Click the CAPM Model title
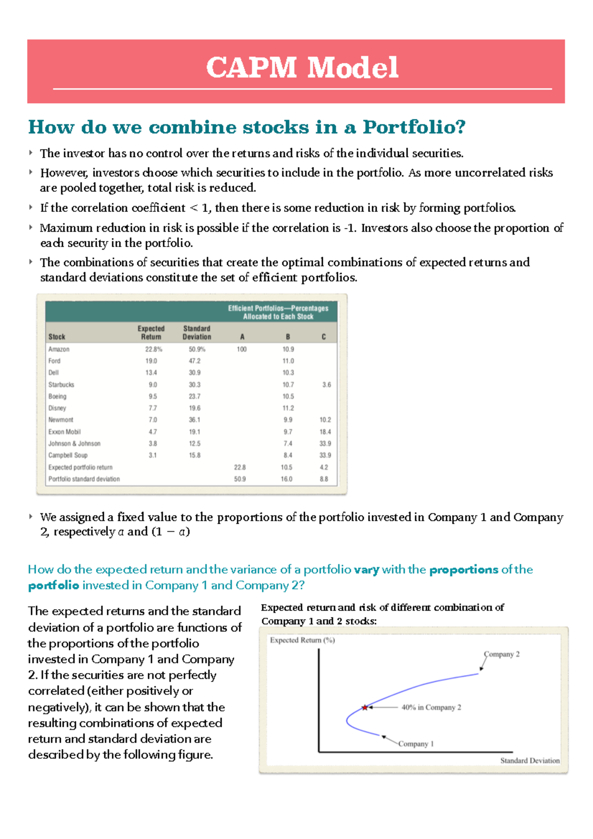(302, 68)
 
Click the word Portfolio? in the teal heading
(414, 127)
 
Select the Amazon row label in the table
(59, 349)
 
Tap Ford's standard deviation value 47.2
(195, 361)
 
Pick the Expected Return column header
(151, 333)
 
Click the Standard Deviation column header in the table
(197, 333)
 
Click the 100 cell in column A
(241, 349)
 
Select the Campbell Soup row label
(68, 456)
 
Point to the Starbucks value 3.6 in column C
(326, 385)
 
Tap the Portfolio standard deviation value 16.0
(287, 479)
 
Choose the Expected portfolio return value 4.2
(324, 467)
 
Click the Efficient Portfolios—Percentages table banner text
(278, 312)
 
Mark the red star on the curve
(365, 708)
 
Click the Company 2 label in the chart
(502, 654)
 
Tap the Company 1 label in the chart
(416, 744)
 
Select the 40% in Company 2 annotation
(431, 708)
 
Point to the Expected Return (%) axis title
(302, 640)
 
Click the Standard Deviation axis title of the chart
(530, 760)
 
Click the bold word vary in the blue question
(366, 570)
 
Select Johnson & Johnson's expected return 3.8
(153, 444)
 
